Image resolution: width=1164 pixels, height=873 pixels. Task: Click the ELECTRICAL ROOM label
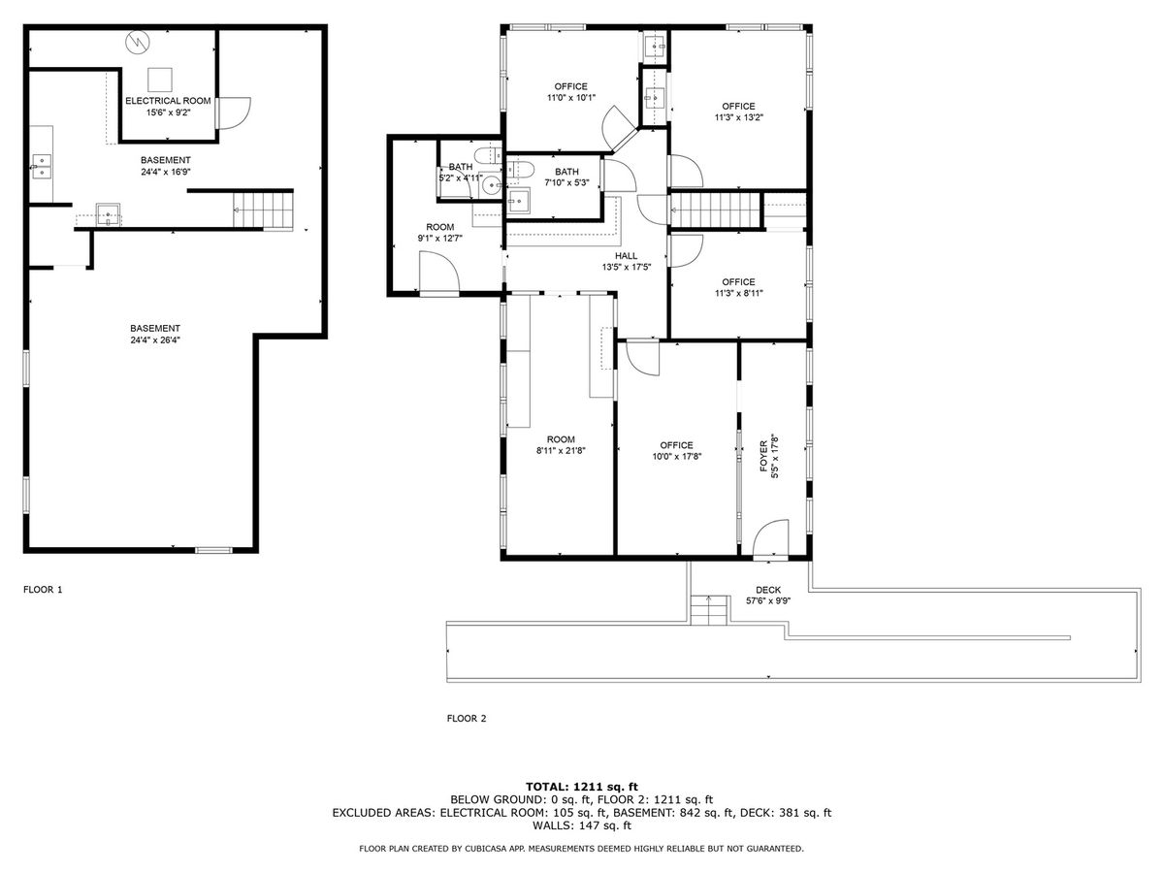click(168, 101)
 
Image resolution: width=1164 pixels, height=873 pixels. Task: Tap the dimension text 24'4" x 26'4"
click(155, 340)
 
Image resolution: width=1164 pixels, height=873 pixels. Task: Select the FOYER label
click(763, 456)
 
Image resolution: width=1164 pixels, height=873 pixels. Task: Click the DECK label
click(768, 590)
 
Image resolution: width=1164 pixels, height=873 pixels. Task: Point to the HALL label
click(626, 256)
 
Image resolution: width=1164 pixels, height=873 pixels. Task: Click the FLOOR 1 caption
click(43, 590)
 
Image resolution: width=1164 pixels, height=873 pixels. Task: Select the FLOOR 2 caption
click(467, 718)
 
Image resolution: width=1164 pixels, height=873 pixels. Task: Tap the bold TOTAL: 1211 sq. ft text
click(582, 787)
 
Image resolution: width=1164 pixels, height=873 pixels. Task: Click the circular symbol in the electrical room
click(138, 42)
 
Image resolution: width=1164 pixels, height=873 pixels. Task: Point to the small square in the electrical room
click(160, 81)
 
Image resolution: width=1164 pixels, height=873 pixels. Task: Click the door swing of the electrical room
click(235, 113)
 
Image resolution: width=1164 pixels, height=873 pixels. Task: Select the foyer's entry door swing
click(770, 538)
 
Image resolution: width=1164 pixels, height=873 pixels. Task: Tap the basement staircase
click(263, 210)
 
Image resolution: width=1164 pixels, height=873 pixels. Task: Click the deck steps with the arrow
click(708, 610)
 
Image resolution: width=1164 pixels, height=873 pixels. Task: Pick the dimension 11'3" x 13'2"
click(739, 117)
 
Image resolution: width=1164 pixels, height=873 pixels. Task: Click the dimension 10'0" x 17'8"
click(677, 456)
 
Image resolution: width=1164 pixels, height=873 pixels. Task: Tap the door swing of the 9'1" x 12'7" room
click(439, 272)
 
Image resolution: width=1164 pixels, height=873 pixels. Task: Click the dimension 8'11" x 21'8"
click(561, 450)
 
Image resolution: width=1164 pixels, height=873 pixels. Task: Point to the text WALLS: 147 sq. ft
click(582, 825)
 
